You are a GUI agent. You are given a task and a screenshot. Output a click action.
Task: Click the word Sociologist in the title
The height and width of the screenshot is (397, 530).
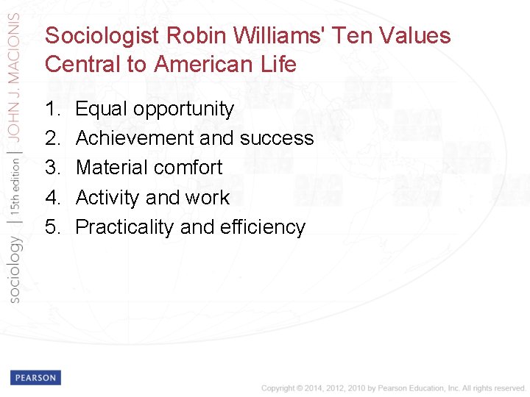point(103,36)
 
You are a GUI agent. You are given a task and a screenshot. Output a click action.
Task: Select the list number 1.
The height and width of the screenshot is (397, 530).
point(52,109)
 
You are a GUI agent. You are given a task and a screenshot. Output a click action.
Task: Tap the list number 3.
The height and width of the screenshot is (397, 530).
point(52,168)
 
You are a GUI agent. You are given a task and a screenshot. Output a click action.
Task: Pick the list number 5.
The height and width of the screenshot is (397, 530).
point(52,227)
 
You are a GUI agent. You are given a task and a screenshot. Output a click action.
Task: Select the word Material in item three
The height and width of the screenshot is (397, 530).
point(111,168)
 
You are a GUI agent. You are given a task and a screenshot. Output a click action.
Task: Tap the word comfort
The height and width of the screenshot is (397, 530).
point(187,168)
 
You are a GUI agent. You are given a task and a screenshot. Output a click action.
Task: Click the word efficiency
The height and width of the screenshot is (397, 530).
point(263,227)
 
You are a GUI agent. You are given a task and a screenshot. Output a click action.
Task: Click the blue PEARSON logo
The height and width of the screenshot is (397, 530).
point(35,378)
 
